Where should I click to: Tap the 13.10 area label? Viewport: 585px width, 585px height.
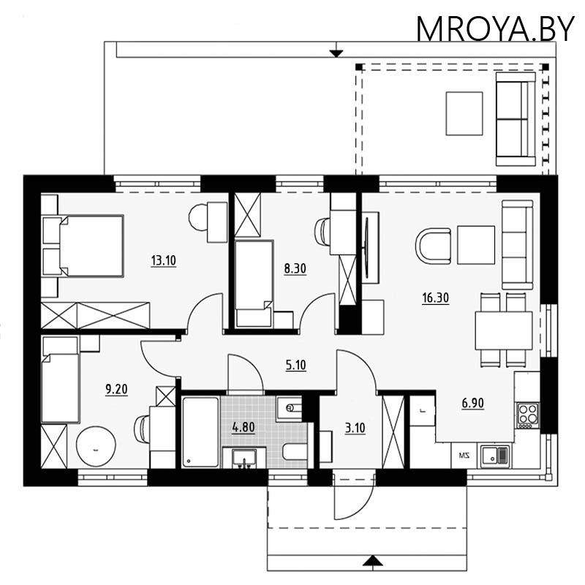pyautogui.click(x=163, y=260)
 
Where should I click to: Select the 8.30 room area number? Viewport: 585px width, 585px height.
pyautogui.click(x=295, y=268)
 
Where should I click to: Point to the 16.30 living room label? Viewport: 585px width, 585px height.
pyautogui.click(x=435, y=298)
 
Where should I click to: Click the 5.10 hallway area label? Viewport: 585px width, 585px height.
pyautogui.click(x=295, y=365)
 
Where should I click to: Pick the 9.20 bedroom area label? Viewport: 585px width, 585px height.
pyautogui.click(x=117, y=390)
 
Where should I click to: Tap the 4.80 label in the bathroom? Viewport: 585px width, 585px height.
pyautogui.click(x=244, y=428)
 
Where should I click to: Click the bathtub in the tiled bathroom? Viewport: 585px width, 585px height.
pyautogui.click(x=200, y=431)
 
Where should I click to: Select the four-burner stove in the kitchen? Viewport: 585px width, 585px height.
pyautogui.click(x=527, y=415)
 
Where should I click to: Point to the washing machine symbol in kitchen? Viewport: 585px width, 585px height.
pyautogui.click(x=462, y=456)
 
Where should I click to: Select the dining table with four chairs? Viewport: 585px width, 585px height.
pyautogui.click(x=504, y=331)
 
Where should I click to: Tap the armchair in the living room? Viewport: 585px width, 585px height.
pyautogui.click(x=433, y=246)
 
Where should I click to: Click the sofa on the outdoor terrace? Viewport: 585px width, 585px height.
pyautogui.click(x=516, y=118)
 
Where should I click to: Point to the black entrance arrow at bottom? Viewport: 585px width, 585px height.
pyautogui.click(x=373, y=561)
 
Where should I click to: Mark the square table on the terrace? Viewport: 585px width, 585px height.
pyautogui.click(x=464, y=113)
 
